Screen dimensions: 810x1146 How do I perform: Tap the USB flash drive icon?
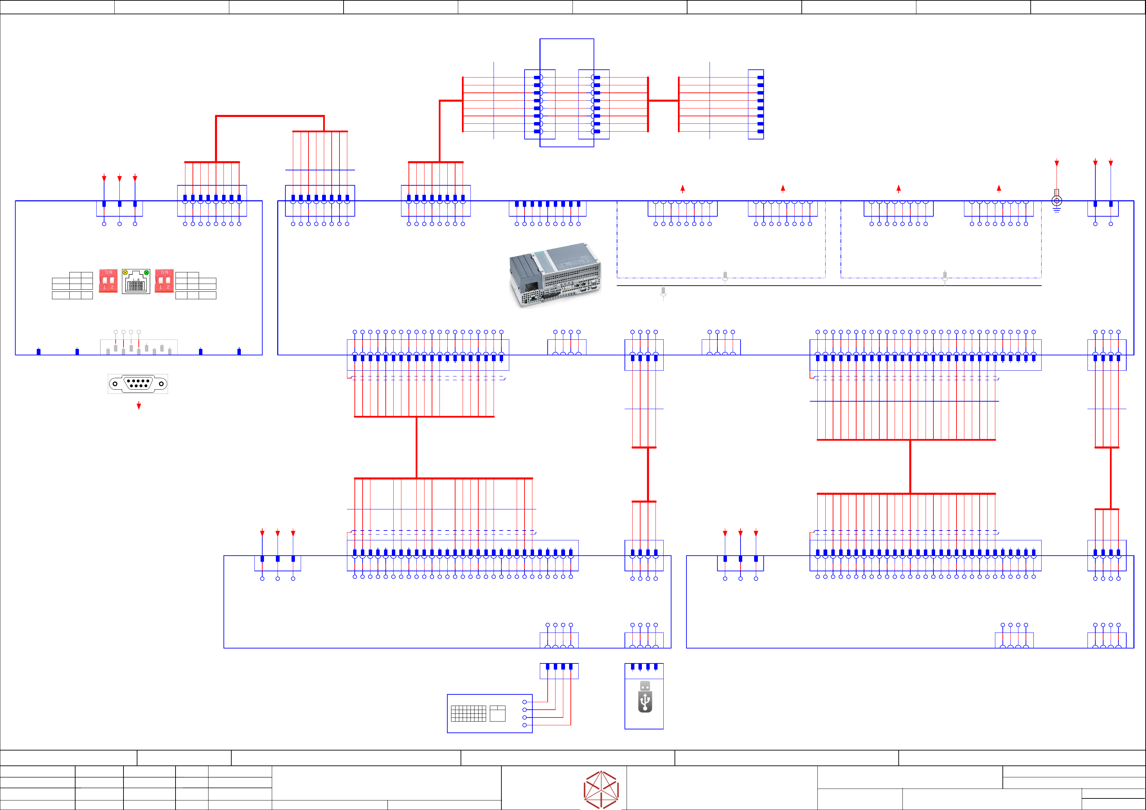click(x=645, y=697)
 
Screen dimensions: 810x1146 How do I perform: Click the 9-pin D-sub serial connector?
click(x=138, y=383)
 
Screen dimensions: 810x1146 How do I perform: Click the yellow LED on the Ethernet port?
click(x=125, y=272)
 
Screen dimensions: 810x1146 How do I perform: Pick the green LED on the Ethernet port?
click(x=146, y=272)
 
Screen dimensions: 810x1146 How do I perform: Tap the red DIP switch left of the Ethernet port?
click(x=108, y=281)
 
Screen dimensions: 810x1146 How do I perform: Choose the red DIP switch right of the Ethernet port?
click(x=164, y=281)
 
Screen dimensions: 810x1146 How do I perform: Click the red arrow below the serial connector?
click(x=139, y=406)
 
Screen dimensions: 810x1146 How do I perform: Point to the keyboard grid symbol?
click(x=468, y=713)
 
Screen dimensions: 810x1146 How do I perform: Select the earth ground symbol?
click(x=1057, y=202)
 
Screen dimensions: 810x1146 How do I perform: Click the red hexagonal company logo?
click(x=601, y=790)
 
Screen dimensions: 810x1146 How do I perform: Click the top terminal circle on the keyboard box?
click(x=524, y=702)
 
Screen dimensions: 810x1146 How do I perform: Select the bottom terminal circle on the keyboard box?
click(x=524, y=725)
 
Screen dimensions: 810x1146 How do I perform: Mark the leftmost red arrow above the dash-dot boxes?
click(x=682, y=189)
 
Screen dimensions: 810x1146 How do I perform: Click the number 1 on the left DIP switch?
click(x=105, y=287)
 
